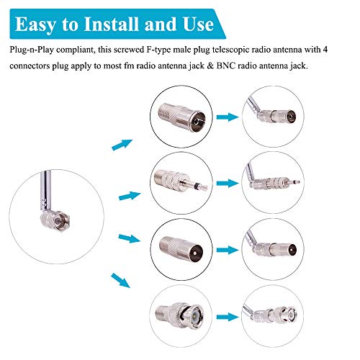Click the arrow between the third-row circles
(x=228, y=253)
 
